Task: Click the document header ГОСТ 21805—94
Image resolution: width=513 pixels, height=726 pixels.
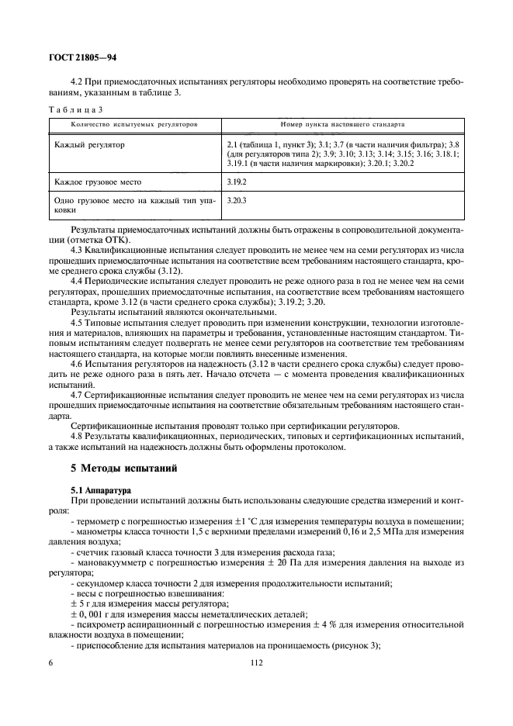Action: (82, 57)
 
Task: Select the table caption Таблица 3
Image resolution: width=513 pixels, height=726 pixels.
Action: (78, 109)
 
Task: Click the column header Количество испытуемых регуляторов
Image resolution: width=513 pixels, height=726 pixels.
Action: (134, 124)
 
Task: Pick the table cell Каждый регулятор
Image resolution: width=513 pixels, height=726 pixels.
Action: (90, 145)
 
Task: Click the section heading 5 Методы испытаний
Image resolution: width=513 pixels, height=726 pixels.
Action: (124, 468)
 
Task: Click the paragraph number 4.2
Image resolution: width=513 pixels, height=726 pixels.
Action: (77, 81)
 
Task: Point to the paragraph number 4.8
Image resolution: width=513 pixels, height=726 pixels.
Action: (77, 437)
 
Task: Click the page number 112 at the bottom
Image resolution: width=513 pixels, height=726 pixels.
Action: (257, 663)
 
